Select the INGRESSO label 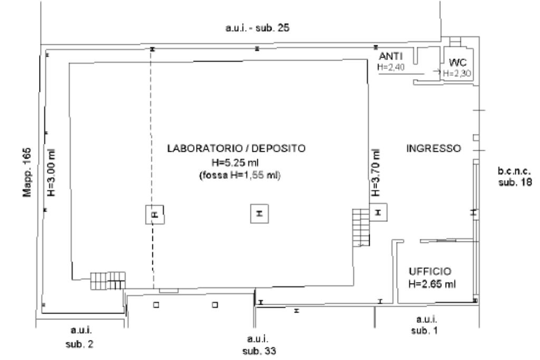[433, 148]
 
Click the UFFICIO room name [430, 271]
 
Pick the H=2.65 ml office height [432, 284]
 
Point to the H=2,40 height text [391, 67]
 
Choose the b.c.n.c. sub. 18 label [514, 177]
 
